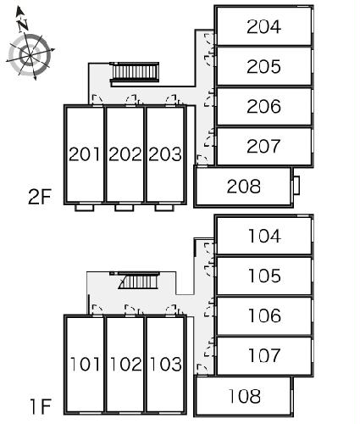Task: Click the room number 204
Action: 263,27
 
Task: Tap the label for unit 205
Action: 263,67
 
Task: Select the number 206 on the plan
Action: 263,107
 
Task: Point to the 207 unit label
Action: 263,147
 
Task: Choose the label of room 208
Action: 244,187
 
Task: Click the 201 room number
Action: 85,154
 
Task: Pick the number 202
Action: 125,154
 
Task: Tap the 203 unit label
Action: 165,154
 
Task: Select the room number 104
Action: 264,236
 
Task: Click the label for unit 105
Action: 264,276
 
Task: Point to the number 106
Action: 264,315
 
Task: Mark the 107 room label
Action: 264,355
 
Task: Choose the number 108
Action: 245,396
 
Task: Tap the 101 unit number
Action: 85,364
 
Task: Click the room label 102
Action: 126,364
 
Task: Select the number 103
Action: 166,364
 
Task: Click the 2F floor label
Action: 40,197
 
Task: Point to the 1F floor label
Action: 41,406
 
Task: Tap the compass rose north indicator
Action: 22,20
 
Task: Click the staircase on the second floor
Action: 135,72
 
